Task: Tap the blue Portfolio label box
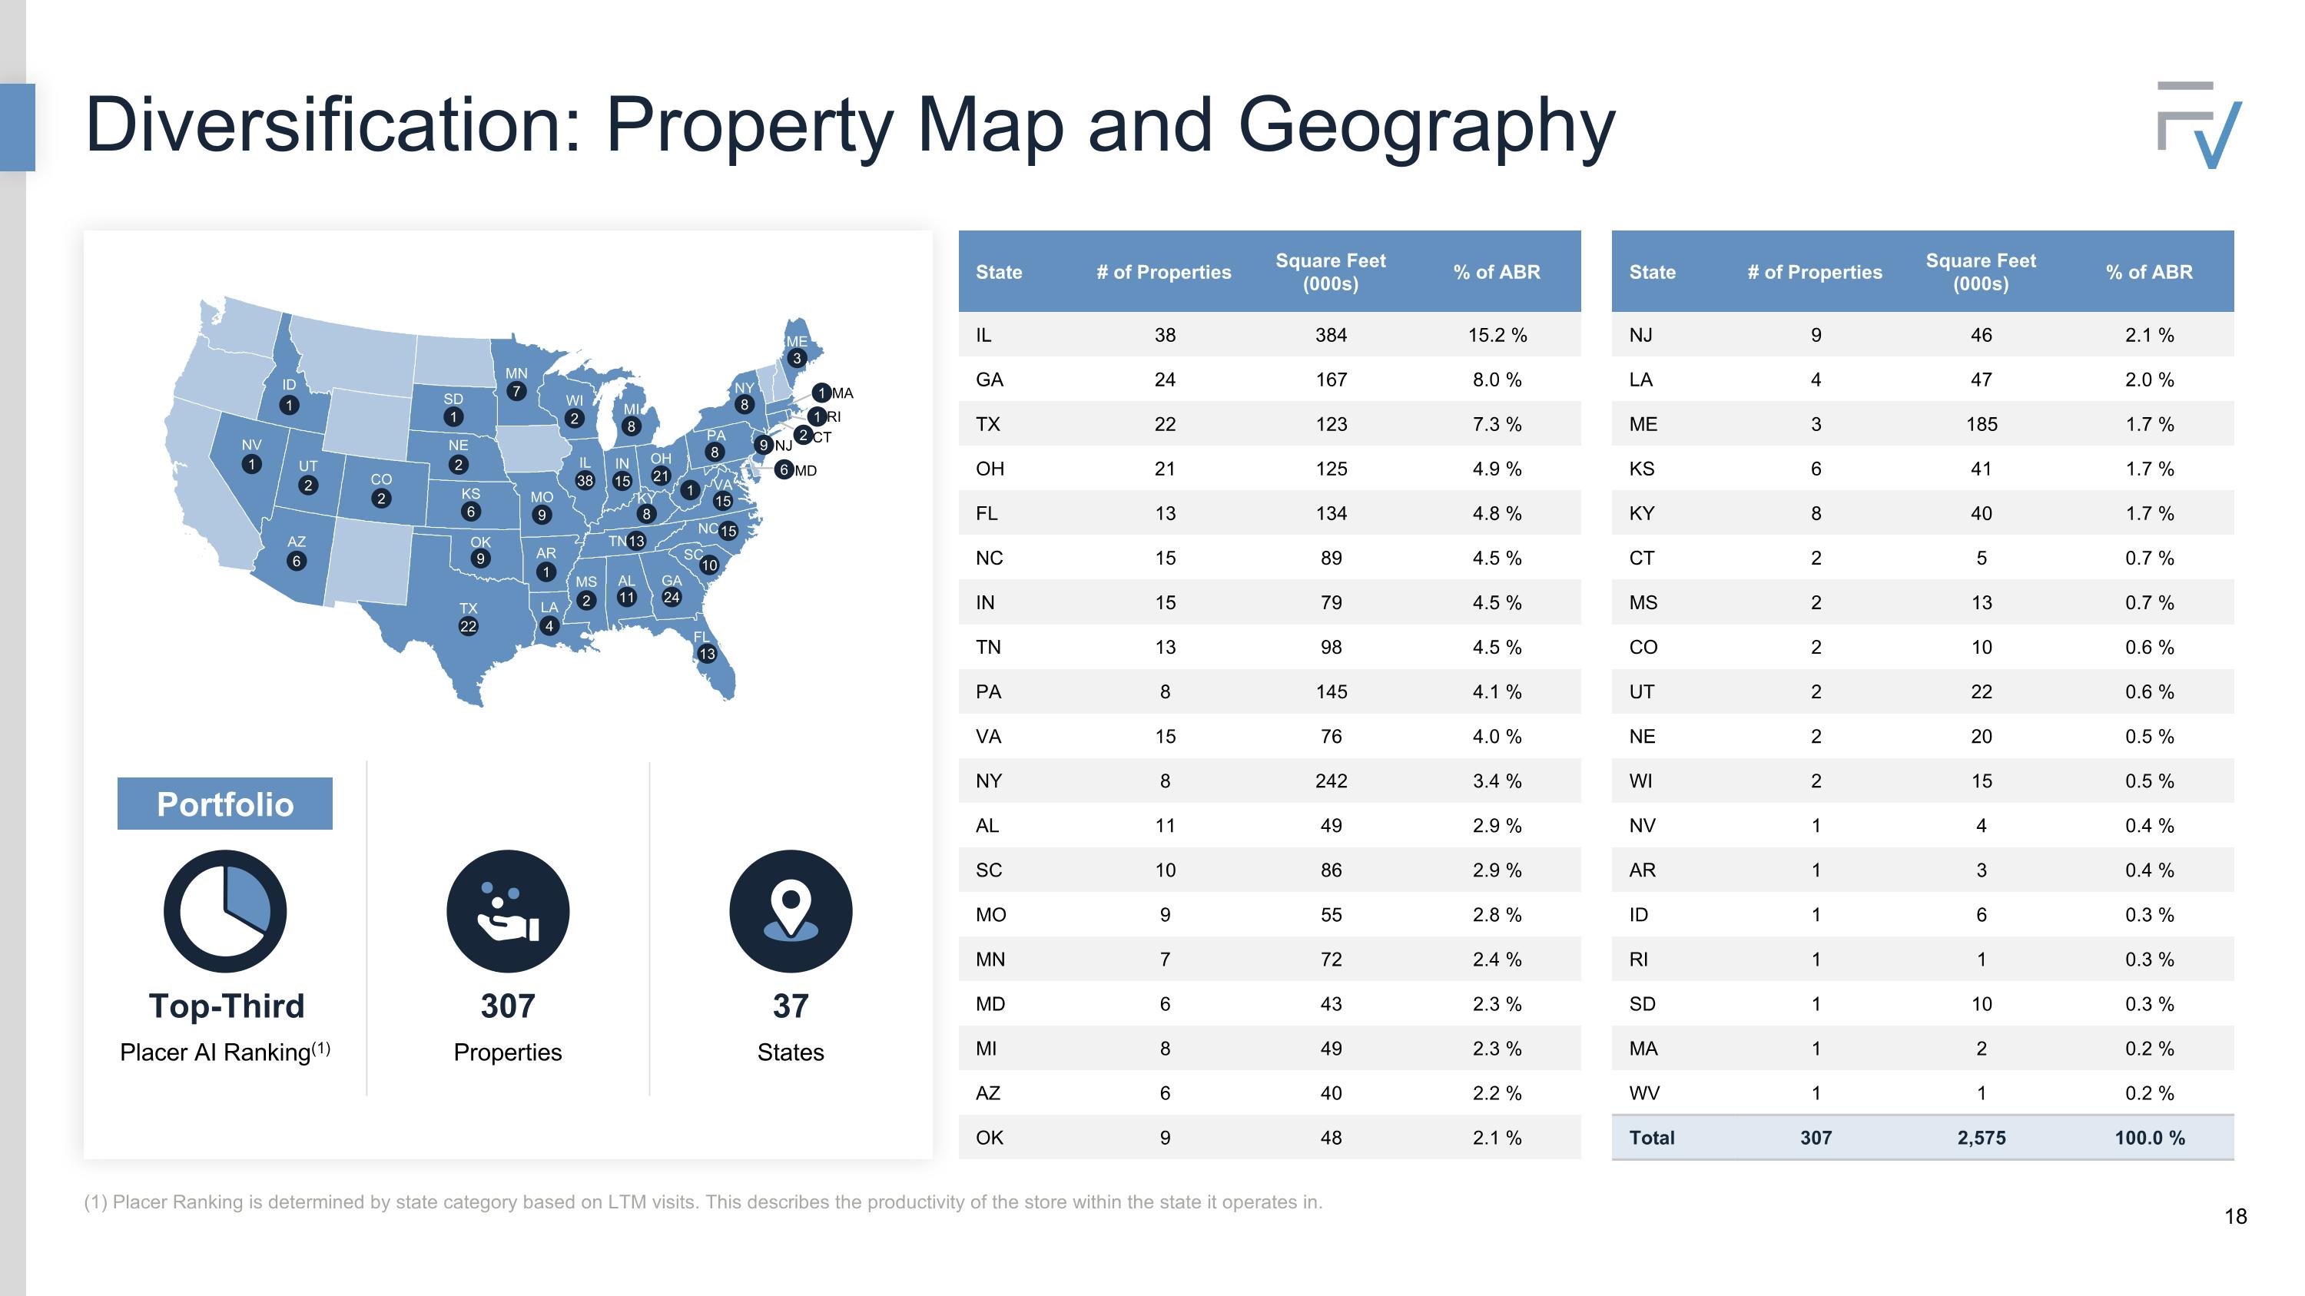pos(224,803)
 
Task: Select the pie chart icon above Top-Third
pos(224,910)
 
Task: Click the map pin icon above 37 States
pos(790,910)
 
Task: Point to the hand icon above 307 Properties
pos(507,910)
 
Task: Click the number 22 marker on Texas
pos(468,626)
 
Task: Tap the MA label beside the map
pos(843,393)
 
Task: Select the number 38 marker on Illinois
pos(584,480)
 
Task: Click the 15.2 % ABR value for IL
pos(1497,334)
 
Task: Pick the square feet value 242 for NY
pos(1331,781)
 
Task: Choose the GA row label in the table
pos(989,380)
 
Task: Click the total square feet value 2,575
pos(1981,1138)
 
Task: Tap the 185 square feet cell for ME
pos(1981,424)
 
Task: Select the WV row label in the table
pos(1643,1093)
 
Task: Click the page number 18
pos(2235,1216)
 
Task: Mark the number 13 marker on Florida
pos(707,654)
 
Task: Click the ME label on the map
pos(796,342)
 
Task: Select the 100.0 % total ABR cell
pos(2149,1138)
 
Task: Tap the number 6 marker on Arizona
pos(296,561)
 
